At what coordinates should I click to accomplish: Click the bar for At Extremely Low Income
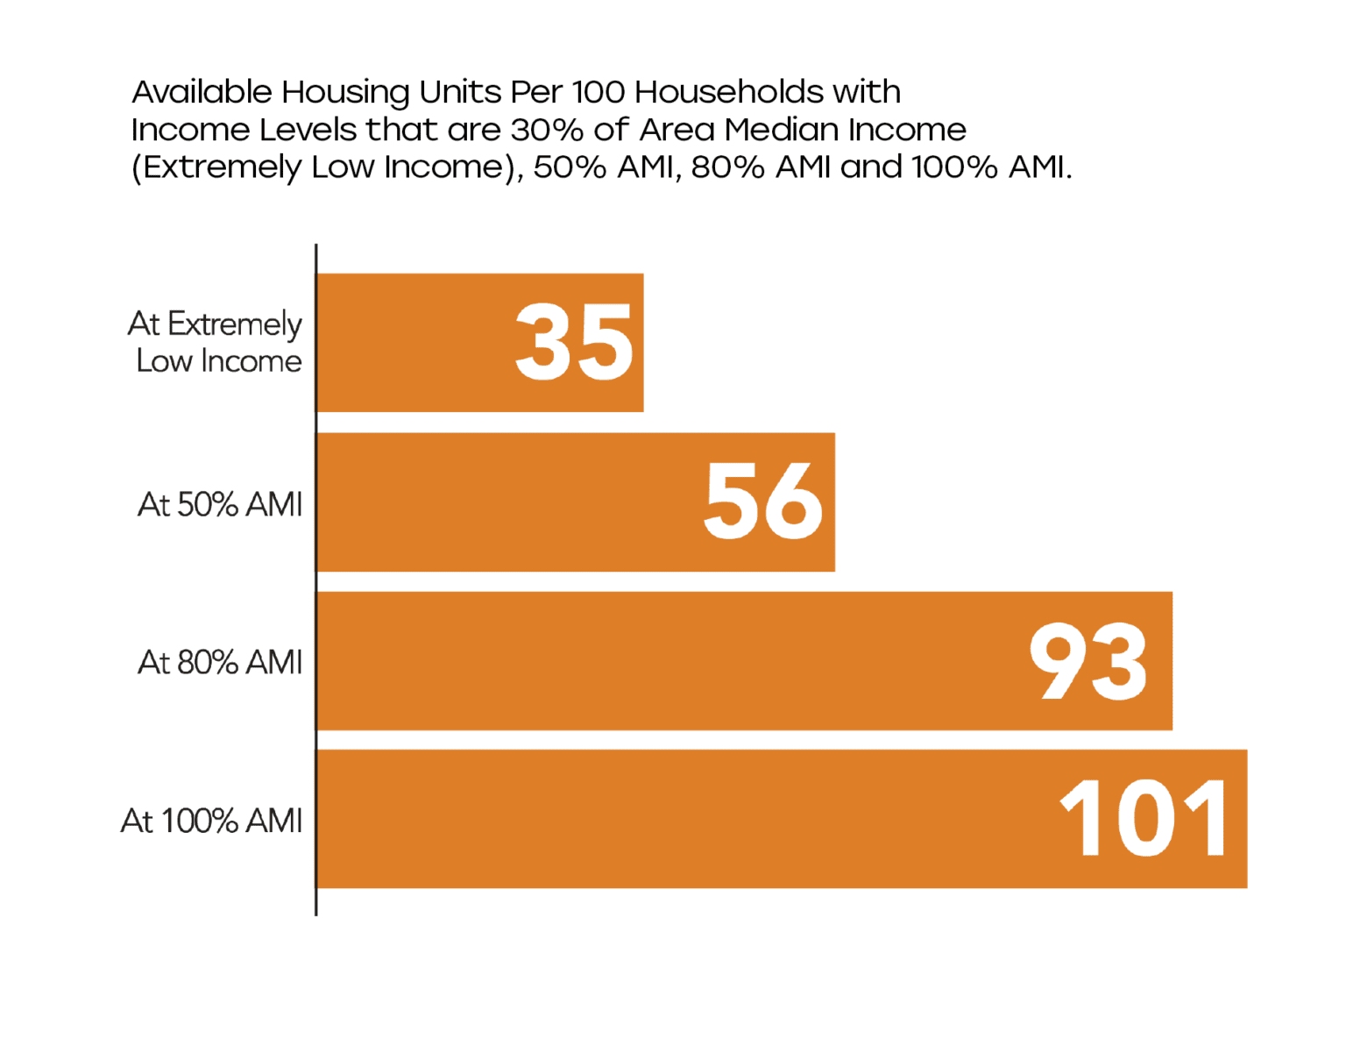(x=412, y=343)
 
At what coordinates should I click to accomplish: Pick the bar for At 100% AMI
(x=684, y=819)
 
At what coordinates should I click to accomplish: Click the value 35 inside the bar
(x=574, y=343)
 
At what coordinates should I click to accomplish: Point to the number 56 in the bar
(x=763, y=502)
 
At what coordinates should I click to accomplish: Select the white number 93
(x=1087, y=662)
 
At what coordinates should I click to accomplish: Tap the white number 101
(x=1144, y=820)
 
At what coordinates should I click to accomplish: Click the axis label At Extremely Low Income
(x=216, y=342)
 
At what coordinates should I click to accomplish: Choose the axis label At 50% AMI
(x=220, y=504)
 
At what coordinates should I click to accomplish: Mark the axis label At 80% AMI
(x=220, y=662)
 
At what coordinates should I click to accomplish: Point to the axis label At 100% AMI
(x=211, y=821)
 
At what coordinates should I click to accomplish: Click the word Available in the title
(x=202, y=91)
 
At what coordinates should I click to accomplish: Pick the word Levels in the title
(x=308, y=129)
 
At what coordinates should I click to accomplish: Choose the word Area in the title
(x=677, y=129)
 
